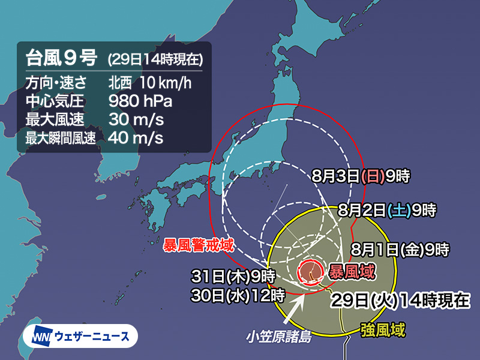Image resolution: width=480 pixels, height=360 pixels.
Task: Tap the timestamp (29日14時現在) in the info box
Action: pyautogui.click(x=155, y=59)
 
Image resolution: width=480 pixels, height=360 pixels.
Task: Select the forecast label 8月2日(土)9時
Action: pyautogui.click(x=386, y=211)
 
